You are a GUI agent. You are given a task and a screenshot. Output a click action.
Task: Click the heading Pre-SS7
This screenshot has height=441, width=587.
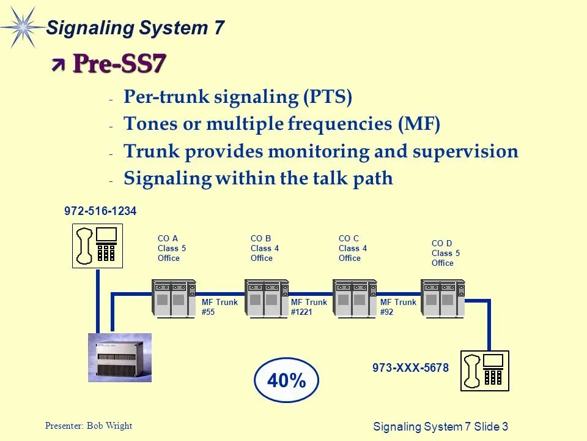click(x=119, y=63)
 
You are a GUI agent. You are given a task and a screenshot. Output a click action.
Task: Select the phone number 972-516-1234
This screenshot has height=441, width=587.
click(x=100, y=211)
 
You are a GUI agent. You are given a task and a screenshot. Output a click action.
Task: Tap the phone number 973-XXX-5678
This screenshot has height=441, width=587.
click(x=410, y=368)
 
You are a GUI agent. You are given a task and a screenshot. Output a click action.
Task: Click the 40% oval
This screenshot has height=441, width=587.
click(x=286, y=380)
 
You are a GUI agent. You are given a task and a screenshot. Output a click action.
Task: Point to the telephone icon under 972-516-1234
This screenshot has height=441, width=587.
click(x=98, y=246)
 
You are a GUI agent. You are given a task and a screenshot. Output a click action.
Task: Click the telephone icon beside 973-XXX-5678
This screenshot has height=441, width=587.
click(x=485, y=371)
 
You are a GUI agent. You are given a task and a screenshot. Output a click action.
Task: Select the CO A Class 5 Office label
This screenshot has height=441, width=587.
click(x=169, y=248)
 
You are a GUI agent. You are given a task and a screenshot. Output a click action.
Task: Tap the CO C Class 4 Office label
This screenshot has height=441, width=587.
click(x=350, y=248)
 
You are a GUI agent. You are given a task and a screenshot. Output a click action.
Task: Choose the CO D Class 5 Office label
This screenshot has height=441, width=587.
click(x=443, y=253)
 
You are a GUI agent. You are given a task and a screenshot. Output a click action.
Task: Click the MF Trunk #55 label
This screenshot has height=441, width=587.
click(x=220, y=307)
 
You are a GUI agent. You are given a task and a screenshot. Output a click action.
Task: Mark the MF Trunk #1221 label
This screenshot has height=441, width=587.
click(x=309, y=307)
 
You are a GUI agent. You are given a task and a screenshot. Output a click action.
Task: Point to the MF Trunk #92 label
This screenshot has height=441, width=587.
click(x=398, y=307)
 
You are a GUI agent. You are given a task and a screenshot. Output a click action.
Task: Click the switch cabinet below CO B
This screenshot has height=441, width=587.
click(x=267, y=299)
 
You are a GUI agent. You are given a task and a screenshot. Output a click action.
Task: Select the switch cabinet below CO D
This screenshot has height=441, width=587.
click(x=443, y=299)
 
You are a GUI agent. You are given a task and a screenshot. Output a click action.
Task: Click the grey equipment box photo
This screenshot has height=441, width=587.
click(x=119, y=357)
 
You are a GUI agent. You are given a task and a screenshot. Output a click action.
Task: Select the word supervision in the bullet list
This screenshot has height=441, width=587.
click(x=465, y=151)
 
